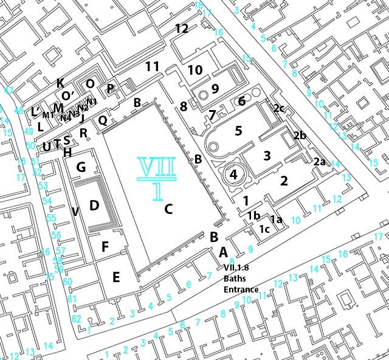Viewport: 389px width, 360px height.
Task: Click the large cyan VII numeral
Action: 157,168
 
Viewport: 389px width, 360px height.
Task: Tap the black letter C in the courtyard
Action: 169,209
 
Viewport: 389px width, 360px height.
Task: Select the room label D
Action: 94,206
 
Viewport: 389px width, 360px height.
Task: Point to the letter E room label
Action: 115,277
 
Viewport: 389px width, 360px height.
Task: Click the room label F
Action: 105,247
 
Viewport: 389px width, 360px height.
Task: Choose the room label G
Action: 81,167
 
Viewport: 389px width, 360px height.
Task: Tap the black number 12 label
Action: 181,29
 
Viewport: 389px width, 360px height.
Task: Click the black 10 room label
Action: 194,71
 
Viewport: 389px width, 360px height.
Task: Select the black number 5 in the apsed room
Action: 238,130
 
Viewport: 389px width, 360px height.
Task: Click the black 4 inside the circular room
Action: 233,174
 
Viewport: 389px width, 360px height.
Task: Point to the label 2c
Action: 278,108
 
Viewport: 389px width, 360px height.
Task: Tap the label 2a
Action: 320,162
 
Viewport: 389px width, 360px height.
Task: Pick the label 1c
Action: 264,229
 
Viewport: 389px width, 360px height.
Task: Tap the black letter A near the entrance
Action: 223,252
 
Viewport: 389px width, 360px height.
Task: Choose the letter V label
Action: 75,212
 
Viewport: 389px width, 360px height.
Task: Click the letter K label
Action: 60,83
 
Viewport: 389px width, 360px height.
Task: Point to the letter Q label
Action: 103,120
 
